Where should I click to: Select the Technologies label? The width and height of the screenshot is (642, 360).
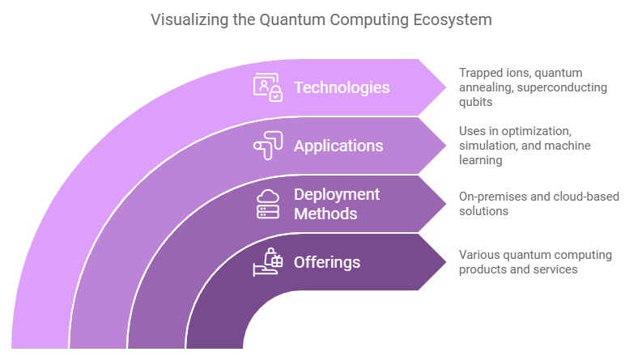pos(342,87)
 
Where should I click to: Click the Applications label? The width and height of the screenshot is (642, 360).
pos(338,146)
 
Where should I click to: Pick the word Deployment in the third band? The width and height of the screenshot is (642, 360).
pos(337,195)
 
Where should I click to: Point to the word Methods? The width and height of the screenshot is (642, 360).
pos(325,214)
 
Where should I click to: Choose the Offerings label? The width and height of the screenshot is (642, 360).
pos(327,263)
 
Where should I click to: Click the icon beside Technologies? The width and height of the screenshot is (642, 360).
pos(268,87)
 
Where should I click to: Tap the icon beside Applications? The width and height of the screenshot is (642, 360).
pos(268,146)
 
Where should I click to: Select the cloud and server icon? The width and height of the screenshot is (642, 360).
pos(268,204)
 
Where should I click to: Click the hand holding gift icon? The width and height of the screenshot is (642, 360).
pos(268,262)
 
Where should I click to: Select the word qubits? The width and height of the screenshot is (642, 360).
pos(476,102)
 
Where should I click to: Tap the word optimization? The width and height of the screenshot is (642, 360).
pos(537,131)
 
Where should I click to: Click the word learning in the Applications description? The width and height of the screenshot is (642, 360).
pos(481,160)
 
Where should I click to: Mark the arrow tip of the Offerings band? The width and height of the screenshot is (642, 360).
pos(446,262)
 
